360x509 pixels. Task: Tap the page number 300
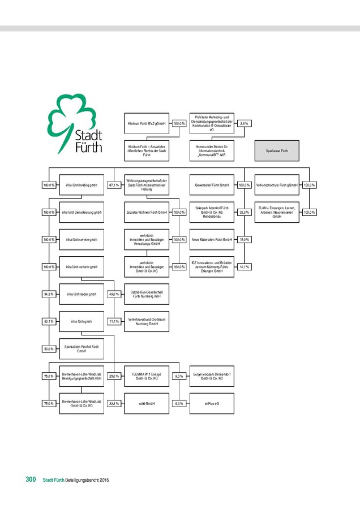tap(31, 480)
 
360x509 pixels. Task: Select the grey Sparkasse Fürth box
tap(277, 151)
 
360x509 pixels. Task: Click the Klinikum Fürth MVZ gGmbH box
tap(147, 123)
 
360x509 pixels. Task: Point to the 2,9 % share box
tap(245, 123)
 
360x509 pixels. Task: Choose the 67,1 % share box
tap(114, 185)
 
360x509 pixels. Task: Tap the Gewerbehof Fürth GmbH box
tap(212, 185)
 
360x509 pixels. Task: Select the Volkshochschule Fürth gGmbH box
tap(277, 185)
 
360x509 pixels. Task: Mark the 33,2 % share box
tap(245, 212)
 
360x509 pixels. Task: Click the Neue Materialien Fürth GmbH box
tap(212, 240)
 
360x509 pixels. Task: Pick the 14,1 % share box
tap(245, 267)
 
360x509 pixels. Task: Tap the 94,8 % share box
tap(49, 294)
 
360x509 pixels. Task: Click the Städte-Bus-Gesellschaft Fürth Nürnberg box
tap(147, 294)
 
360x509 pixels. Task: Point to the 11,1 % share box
tap(114, 321)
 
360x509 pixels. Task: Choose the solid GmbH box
tap(147, 403)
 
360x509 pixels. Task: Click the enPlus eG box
tap(212, 403)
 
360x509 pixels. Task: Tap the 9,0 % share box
tap(179, 376)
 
